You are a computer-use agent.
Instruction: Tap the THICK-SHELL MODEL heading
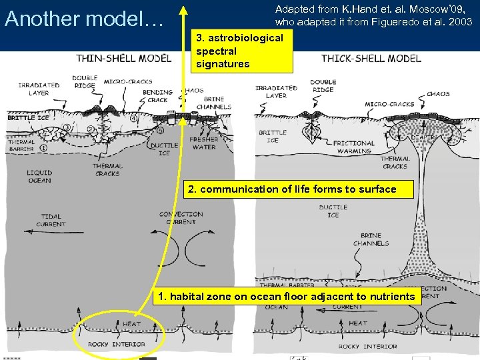(371, 58)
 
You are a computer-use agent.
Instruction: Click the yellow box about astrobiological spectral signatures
(240, 51)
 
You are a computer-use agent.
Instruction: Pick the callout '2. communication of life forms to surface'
(293, 189)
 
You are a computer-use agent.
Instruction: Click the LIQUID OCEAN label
(39, 176)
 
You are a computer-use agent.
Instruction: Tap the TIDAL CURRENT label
(51, 220)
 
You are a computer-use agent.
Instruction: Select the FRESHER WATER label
(203, 143)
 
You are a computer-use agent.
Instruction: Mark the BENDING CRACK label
(157, 96)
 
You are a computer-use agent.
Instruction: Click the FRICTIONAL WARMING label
(353, 147)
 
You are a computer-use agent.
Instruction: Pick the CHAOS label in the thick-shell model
(438, 94)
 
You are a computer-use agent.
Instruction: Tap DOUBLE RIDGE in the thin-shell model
(84, 81)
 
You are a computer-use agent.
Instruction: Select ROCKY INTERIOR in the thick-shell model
(367, 347)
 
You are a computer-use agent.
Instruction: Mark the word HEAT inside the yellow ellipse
(131, 324)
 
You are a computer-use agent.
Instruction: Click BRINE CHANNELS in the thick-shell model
(371, 239)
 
